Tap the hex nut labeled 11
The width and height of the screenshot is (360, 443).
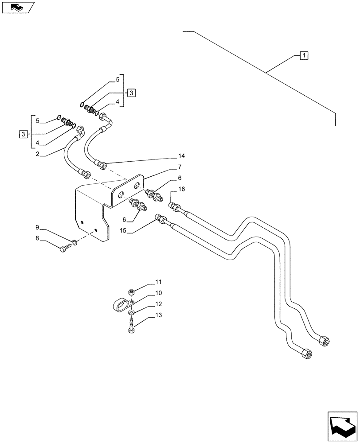131,292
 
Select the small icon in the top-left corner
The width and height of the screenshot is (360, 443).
17,7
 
